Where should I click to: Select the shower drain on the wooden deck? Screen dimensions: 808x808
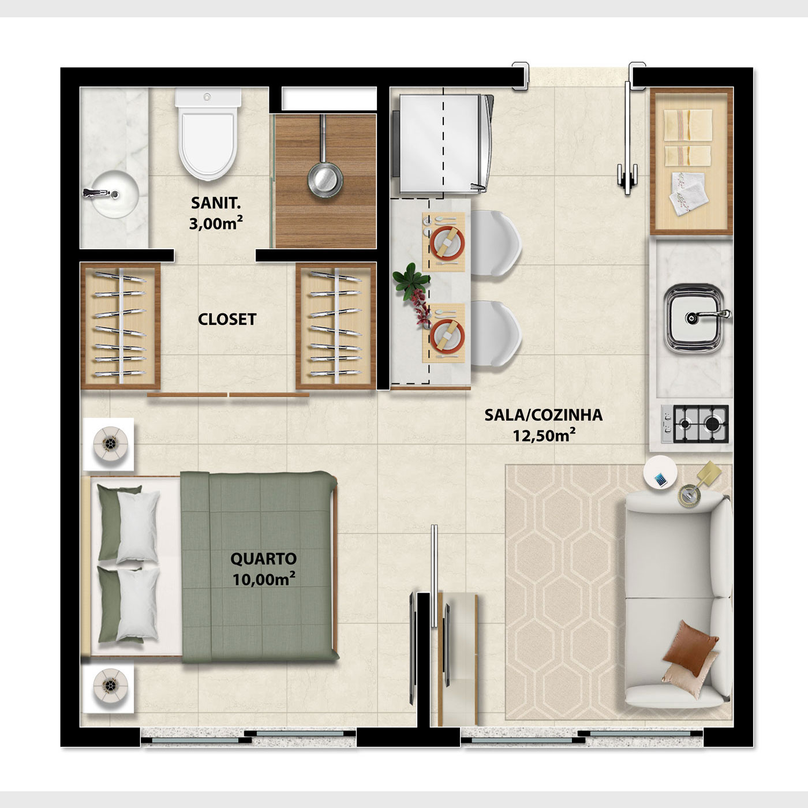pyautogui.click(x=325, y=180)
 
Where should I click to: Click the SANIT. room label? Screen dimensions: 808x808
pyautogui.click(x=216, y=203)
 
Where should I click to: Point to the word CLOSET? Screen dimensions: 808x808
pyautogui.click(x=227, y=320)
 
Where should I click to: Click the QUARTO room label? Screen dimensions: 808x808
pyautogui.click(x=263, y=559)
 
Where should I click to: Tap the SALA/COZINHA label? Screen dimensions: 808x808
pyautogui.click(x=544, y=415)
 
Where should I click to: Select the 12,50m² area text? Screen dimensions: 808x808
pyautogui.click(x=544, y=436)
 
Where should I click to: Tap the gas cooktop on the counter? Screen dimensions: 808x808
pyautogui.click(x=695, y=424)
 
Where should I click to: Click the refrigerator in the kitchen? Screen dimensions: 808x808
pyautogui.click(x=442, y=143)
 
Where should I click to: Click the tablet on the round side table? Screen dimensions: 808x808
pyautogui.click(x=660, y=480)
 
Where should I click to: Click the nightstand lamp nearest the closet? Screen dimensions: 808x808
pyautogui.click(x=110, y=444)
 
